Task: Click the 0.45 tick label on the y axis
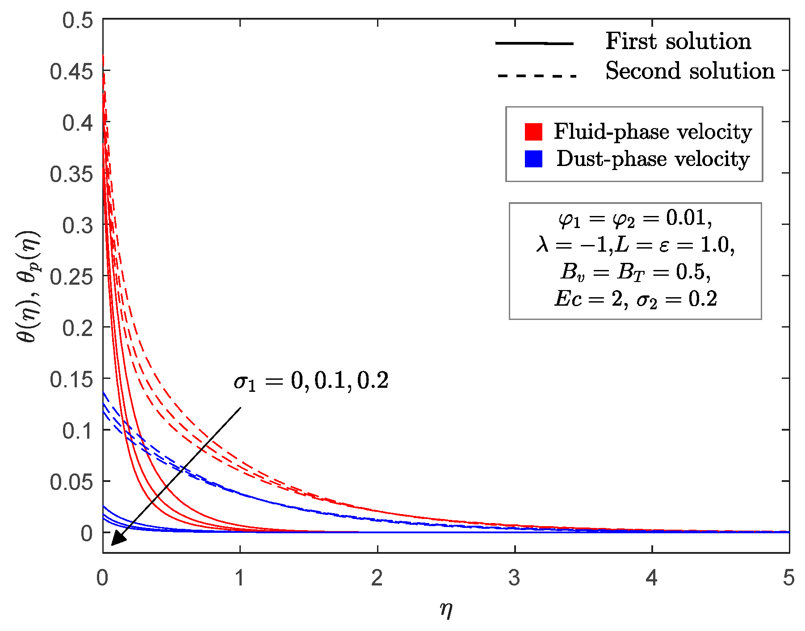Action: (71, 71)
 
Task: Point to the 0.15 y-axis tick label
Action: (71, 379)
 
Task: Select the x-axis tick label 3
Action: (514, 578)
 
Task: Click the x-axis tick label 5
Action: (788, 578)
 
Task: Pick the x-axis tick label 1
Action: (240, 578)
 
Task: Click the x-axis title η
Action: (446, 609)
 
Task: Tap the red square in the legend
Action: (533, 132)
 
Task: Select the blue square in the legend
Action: (533, 159)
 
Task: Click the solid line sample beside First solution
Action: (534, 43)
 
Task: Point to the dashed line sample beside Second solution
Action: (537, 76)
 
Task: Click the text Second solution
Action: (690, 71)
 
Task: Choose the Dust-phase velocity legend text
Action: (653, 159)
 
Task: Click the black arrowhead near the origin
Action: (117, 539)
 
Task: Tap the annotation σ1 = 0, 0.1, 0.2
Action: (311, 381)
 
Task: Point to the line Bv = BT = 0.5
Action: (635, 272)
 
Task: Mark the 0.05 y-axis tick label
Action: (71, 482)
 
